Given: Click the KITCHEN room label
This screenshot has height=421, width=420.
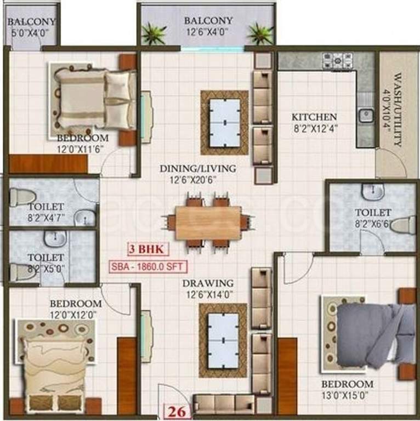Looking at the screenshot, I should tap(314, 117).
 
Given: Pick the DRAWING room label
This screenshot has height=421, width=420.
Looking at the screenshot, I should tap(208, 283).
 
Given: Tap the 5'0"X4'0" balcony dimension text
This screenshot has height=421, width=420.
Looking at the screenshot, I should tap(32, 32).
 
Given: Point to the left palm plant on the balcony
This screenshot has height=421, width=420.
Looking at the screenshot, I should tap(154, 34).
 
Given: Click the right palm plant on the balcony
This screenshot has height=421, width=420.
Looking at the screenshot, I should tap(259, 34).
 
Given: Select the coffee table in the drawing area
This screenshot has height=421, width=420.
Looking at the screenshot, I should tap(223, 340).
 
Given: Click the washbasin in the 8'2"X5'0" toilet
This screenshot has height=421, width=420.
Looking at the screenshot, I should tap(56, 237).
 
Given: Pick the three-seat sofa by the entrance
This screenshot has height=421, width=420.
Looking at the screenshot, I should tap(225, 404).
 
